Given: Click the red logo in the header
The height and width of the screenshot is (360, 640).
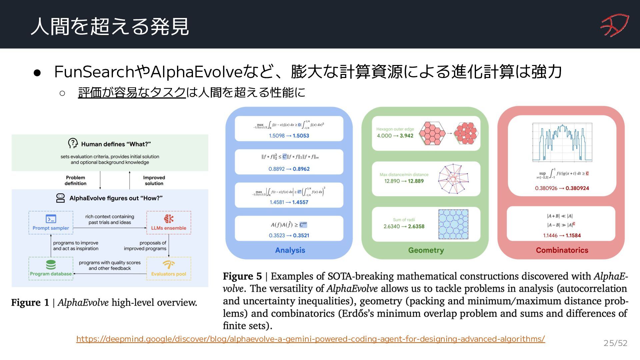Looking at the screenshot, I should point(614,25).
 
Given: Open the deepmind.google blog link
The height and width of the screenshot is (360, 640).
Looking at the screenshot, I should point(310,339).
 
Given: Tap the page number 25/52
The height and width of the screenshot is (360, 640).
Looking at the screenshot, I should point(615,343).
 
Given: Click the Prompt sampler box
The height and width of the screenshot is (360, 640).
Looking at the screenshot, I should point(51,222).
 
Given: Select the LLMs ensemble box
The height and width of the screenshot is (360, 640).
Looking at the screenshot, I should point(169,222).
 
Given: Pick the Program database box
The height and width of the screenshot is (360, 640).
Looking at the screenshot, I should point(51,268).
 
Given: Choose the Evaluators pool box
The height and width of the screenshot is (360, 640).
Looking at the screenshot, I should point(169,268).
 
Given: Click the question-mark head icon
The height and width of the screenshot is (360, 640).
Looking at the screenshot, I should point(73,143).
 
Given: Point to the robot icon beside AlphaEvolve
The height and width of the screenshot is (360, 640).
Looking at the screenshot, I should point(60,198).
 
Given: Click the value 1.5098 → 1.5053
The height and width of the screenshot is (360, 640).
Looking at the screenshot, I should point(289,136).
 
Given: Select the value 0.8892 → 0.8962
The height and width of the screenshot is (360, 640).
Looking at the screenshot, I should point(289,169).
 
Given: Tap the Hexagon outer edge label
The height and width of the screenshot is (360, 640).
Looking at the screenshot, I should point(395,129).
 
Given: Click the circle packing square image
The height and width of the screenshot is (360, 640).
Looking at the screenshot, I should point(453,224).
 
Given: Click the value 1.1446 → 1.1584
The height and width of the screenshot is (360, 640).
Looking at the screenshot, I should point(562,235).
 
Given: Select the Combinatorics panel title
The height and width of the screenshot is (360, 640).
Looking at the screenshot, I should point(562,250).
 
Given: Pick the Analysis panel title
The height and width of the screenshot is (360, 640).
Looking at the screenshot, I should point(290,250).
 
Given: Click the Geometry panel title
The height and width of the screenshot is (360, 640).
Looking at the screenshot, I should point(426,250).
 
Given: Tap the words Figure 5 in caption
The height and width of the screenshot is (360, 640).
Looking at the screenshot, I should point(242,276).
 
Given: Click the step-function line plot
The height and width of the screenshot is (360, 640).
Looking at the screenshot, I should point(562,143).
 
